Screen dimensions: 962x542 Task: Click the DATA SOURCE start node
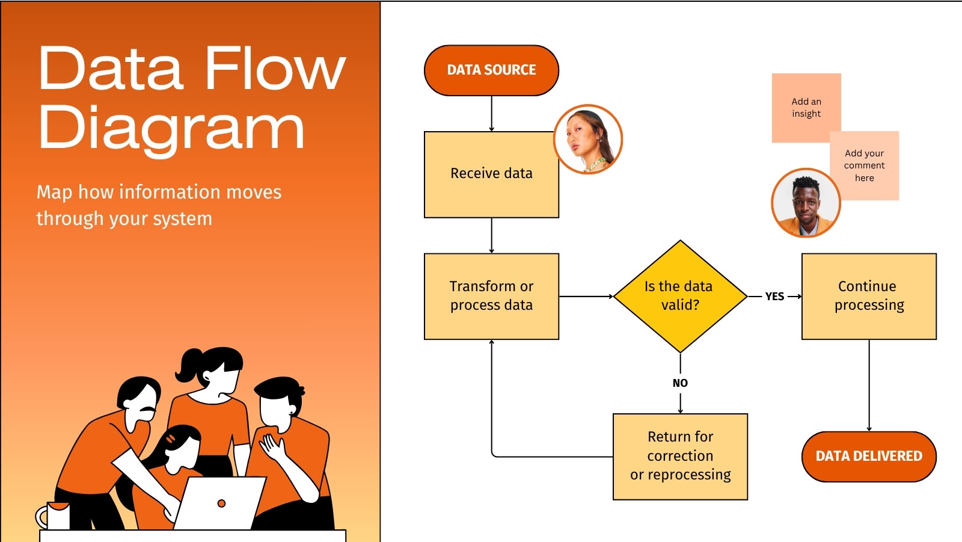pyautogui.click(x=491, y=70)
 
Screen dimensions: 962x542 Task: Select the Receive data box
pyautogui.click(x=491, y=174)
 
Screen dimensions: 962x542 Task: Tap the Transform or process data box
pyautogui.click(x=491, y=296)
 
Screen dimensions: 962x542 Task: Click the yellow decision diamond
pyautogui.click(x=680, y=296)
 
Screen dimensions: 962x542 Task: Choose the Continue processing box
pyautogui.click(x=869, y=296)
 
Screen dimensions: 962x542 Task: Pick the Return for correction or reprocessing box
pyautogui.click(x=680, y=457)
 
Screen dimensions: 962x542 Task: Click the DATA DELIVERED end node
pyautogui.click(x=869, y=457)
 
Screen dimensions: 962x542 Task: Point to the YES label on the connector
pyautogui.click(x=775, y=297)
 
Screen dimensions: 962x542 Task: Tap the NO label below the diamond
pyautogui.click(x=680, y=383)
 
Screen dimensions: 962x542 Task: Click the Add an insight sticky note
pyautogui.click(x=806, y=108)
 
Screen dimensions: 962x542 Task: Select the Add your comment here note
pyautogui.click(x=864, y=165)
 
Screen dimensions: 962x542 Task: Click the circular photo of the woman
pyautogui.click(x=588, y=140)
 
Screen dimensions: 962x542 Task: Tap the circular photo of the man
pyautogui.click(x=806, y=203)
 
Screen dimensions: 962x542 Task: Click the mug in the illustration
pyautogui.click(x=53, y=516)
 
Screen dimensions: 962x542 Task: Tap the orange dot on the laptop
pyautogui.click(x=222, y=504)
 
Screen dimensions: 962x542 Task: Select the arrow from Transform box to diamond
pyautogui.click(x=586, y=296)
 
